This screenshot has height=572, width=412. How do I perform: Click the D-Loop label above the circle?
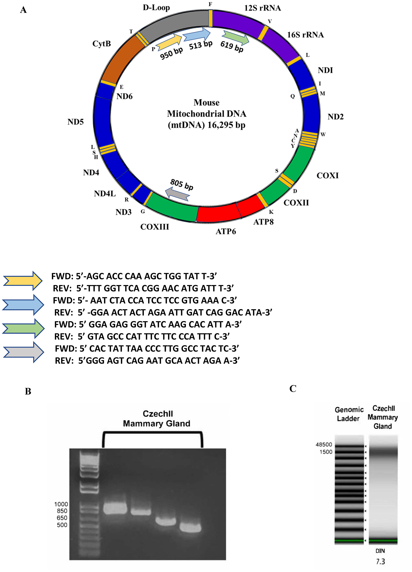coord(156,8)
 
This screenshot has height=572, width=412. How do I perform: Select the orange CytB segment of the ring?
coord(118,61)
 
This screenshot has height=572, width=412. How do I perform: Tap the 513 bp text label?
coord(201,45)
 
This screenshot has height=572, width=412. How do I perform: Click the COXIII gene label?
coord(154,227)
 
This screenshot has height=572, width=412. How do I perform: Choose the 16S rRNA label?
coord(305,35)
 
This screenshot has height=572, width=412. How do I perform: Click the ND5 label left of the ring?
coord(75,122)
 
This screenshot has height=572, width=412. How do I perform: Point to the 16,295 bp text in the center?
coord(226,125)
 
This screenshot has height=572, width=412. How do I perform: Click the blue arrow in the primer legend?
coord(23,305)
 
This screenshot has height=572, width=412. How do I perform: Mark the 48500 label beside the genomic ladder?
coord(324,444)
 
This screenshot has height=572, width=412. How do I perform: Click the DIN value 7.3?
coord(380,562)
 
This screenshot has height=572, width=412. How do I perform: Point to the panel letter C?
coord(293,389)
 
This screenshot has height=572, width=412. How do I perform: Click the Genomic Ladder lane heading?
coord(349,414)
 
